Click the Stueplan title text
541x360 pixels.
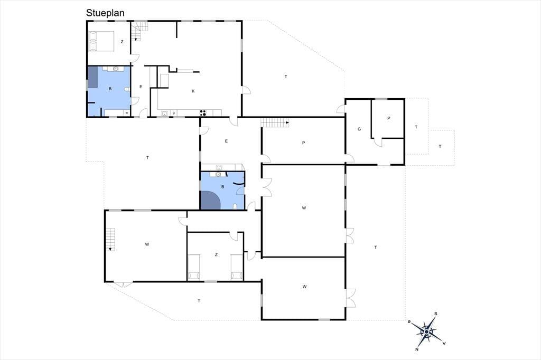105,13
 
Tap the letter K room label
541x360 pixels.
193,91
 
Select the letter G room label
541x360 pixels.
359,129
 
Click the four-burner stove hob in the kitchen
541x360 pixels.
203,113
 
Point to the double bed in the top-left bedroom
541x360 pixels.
101,41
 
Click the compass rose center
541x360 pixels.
427,331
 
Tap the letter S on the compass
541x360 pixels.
436,314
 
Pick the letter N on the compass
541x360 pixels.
417,349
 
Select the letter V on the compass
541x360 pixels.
444,343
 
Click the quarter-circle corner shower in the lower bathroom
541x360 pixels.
210,201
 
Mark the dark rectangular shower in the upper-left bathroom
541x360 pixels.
92,77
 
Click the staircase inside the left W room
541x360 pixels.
110,240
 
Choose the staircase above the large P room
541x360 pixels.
275,122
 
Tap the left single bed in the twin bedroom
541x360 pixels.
193,267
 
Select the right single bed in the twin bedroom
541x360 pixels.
237,267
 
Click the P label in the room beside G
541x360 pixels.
388,118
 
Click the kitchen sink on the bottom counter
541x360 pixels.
165,113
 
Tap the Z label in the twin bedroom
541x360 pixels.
216,254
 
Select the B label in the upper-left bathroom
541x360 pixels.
110,89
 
